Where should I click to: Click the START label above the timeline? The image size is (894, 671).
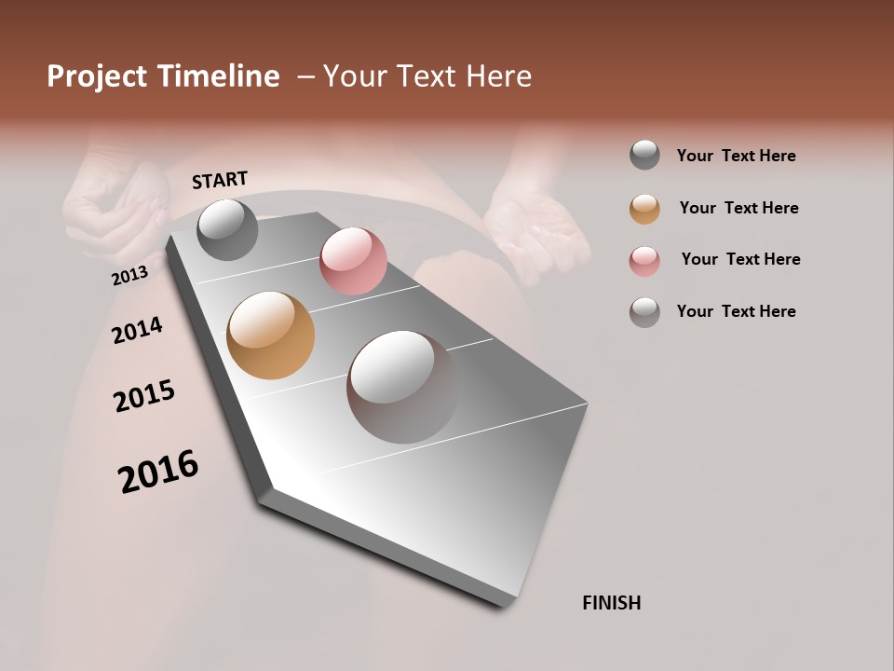point(220,180)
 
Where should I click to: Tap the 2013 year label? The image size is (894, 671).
point(129,276)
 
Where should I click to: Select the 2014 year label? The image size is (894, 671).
point(137,330)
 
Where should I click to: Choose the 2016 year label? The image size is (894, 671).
point(158,471)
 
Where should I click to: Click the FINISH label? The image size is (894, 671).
point(611,603)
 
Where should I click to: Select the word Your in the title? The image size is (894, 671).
point(355,76)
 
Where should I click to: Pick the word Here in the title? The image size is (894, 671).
point(497,76)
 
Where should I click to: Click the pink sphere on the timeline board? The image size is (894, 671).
point(353,261)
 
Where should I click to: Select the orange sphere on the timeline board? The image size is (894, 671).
point(270,335)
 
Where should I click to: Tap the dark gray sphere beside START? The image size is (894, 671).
point(227,230)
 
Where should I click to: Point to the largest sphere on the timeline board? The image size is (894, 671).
point(402,386)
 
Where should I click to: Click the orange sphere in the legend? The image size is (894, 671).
point(644,209)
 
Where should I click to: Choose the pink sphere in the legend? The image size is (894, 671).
point(644,261)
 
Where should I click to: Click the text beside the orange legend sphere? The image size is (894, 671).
point(738,208)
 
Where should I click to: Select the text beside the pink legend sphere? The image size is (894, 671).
point(740,259)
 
